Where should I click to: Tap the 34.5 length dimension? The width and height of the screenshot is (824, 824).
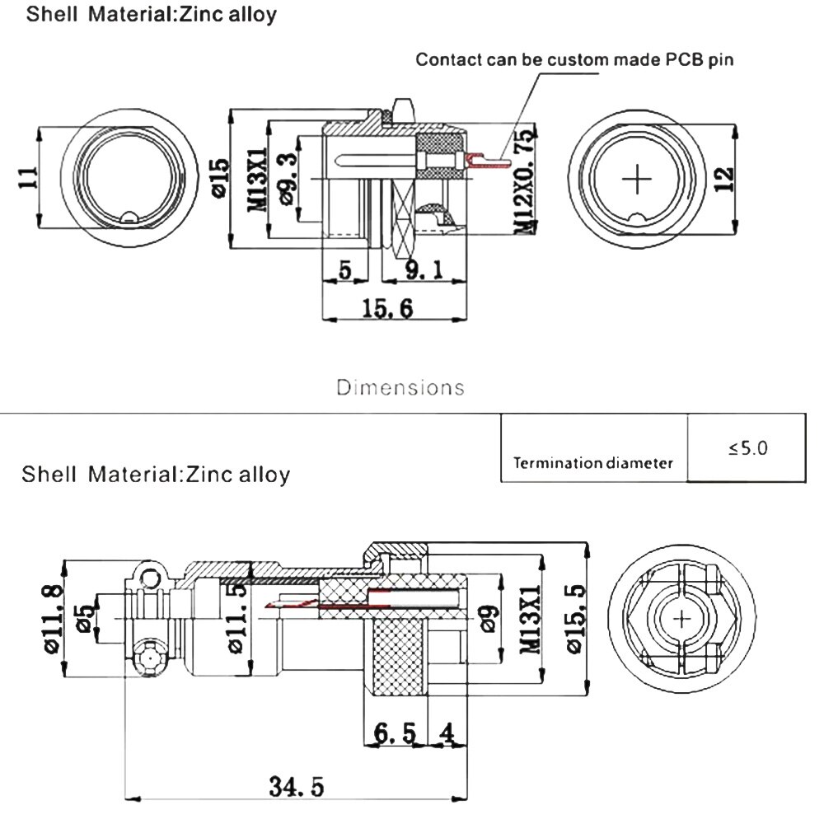point(297,787)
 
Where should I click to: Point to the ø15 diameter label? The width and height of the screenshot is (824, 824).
point(218,178)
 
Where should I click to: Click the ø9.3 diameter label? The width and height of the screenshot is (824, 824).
point(288,178)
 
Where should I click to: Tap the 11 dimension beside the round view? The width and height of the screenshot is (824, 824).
point(27,178)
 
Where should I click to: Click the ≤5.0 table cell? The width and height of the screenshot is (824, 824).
point(747,447)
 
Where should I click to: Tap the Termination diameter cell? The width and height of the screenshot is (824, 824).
point(593,462)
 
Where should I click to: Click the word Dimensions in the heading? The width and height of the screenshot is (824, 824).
point(400,386)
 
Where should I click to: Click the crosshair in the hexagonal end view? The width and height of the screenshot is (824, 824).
point(683,620)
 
